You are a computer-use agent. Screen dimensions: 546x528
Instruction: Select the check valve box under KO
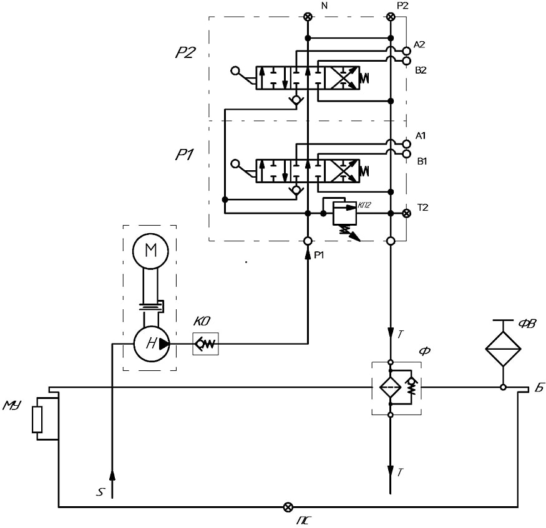click(x=205, y=343)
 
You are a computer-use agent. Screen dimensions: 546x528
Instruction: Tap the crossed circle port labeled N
click(x=308, y=17)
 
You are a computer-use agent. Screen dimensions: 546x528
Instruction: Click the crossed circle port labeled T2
click(x=406, y=213)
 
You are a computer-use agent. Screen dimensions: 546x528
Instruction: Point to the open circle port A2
click(x=406, y=51)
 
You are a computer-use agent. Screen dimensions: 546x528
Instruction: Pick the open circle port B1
click(x=406, y=154)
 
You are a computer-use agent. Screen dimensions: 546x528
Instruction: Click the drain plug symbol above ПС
click(x=288, y=507)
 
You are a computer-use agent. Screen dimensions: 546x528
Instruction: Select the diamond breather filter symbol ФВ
click(x=503, y=348)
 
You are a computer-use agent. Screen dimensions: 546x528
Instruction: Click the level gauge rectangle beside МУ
click(x=37, y=420)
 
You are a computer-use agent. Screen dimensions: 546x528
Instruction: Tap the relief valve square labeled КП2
click(x=344, y=213)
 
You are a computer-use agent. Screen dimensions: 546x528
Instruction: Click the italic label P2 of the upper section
click(x=185, y=53)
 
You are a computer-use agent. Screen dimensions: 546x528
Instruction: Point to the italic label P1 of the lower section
click(x=184, y=155)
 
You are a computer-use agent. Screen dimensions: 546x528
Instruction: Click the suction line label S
click(x=100, y=492)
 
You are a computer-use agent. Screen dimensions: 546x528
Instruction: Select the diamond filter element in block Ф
click(x=391, y=387)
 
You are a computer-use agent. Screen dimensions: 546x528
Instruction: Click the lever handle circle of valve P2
click(x=235, y=71)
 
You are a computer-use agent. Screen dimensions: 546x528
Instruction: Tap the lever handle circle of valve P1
click(x=235, y=164)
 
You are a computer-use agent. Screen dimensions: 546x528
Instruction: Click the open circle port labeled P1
click(x=308, y=241)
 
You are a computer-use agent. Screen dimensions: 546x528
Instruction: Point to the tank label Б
click(x=539, y=388)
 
